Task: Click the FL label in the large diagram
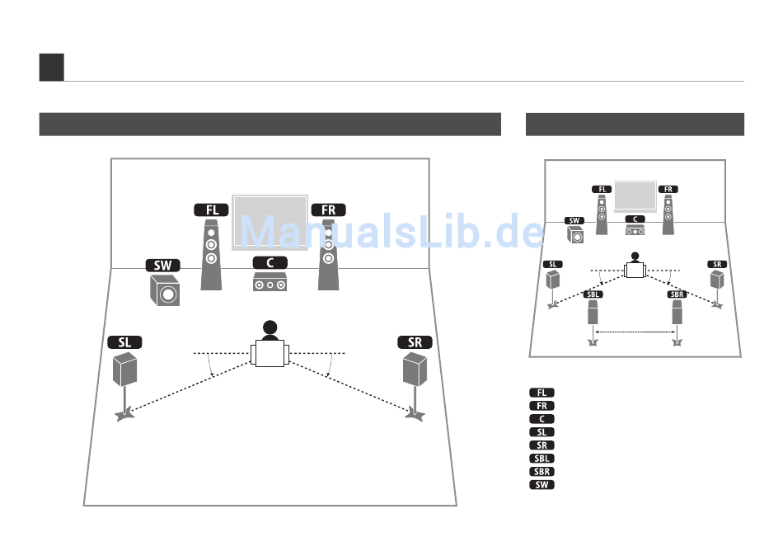211,210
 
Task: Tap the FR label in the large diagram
329,210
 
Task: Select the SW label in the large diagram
163,266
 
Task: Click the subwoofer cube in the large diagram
165,290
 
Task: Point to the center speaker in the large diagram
270,282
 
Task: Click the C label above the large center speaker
270,263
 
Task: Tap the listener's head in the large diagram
270,327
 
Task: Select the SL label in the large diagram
124,342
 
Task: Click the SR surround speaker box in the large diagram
415,370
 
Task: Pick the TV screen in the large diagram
270,223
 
